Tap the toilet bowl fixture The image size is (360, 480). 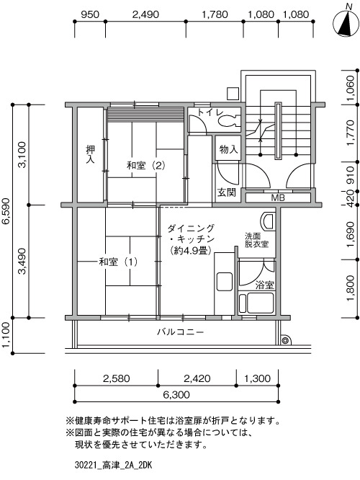coord(229,122)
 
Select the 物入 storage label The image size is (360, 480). coord(228,150)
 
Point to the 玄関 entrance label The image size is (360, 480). coord(226,192)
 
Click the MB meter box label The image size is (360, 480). coord(278,197)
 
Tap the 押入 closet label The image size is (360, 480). coord(90,154)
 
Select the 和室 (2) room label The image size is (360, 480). coord(146,166)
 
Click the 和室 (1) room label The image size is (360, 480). coord(118,262)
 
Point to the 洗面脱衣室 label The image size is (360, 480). coord(256,240)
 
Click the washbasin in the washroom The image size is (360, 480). coord(267,221)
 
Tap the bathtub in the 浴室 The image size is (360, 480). coord(256,303)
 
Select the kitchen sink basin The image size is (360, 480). coord(225,281)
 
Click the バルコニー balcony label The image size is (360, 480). coord(181,332)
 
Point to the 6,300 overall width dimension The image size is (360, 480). coord(176,394)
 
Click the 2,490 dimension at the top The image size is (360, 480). coord(145,14)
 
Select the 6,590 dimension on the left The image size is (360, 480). coord(6,211)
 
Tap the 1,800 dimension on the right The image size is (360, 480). coord(351,288)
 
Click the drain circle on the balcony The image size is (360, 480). coord(285,340)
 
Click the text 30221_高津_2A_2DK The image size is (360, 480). coord(113,466)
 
